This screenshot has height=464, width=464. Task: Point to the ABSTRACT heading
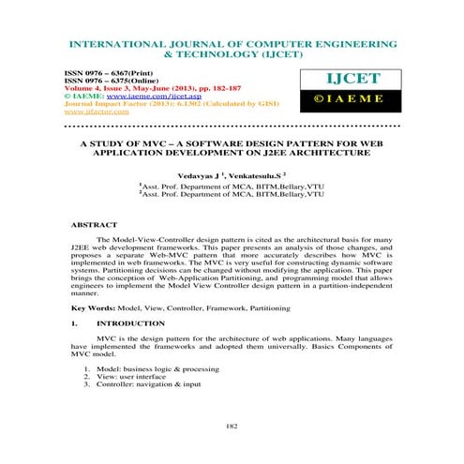[x=95, y=226]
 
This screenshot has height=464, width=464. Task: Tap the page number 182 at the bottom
[x=231, y=427]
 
